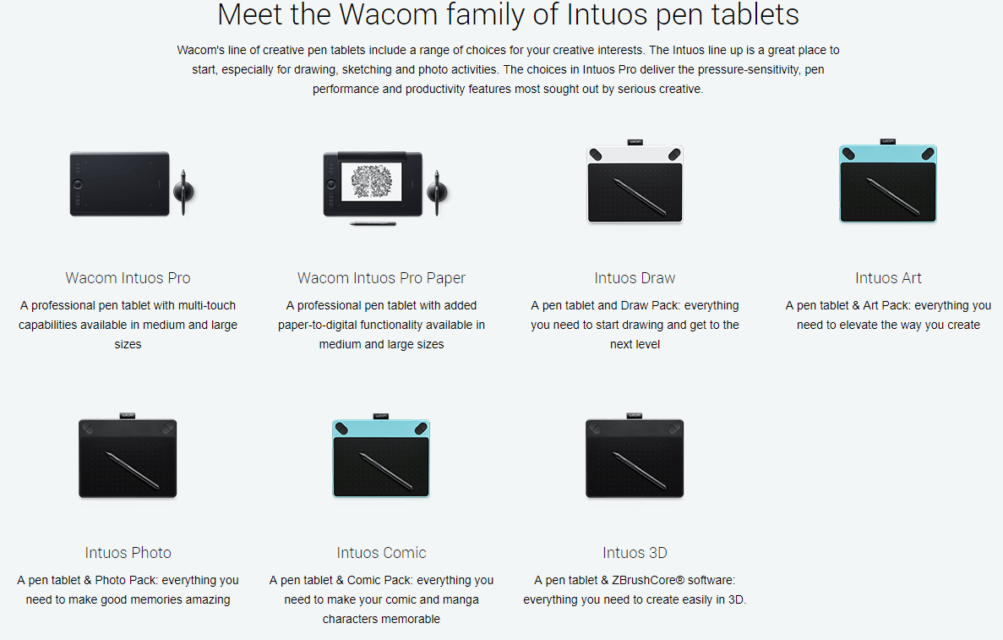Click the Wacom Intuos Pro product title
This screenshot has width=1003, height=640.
click(128, 278)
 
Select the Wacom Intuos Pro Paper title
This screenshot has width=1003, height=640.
click(381, 278)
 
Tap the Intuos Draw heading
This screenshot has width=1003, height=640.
click(635, 278)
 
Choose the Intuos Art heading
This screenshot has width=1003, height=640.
click(888, 278)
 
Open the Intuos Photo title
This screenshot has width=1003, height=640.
click(128, 552)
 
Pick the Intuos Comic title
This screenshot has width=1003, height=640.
click(381, 552)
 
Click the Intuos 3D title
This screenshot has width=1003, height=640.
click(635, 552)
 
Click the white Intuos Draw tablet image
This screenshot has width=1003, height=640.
click(635, 182)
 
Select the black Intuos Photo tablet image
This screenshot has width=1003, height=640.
click(128, 456)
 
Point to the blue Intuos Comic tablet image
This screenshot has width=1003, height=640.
click(381, 456)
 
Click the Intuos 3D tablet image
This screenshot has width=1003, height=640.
click(635, 456)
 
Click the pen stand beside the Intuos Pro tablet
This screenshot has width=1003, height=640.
click(183, 191)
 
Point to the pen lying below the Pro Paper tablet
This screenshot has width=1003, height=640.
click(373, 224)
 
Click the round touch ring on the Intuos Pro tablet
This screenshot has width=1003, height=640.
click(78, 184)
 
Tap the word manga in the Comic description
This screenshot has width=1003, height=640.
click(461, 599)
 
